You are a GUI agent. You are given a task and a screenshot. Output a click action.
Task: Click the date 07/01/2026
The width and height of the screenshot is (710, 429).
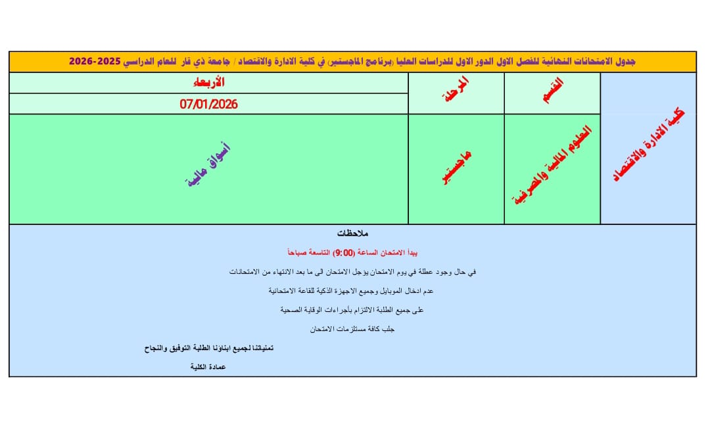[208, 104]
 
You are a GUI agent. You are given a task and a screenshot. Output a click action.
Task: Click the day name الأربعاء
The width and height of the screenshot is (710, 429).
[208, 82]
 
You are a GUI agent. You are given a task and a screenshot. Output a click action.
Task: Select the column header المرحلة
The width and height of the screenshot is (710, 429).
[455, 93]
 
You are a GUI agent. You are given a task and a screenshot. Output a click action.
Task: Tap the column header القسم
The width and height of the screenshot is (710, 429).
[551, 93]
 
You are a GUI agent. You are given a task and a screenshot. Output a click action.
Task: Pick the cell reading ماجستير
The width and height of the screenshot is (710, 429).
[455, 168]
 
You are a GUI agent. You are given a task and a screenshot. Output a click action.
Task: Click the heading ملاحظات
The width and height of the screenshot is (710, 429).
[352, 234]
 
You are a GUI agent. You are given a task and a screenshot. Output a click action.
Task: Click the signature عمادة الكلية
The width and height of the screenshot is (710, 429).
[208, 366]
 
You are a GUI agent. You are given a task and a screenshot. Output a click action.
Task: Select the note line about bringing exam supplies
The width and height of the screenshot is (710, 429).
[352, 328]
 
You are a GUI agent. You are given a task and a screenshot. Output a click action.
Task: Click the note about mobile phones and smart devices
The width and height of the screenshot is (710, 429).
[352, 290]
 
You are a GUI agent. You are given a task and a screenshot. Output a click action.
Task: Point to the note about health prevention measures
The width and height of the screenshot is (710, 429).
[352, 309]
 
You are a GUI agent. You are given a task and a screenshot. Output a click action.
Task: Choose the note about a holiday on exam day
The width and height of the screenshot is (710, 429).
[352, 271]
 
